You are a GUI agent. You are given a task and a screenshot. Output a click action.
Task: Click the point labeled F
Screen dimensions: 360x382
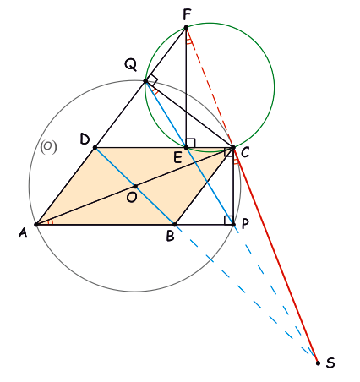click(x=186, y=28)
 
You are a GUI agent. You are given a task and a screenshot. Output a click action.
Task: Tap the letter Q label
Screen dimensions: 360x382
click(x=131, y=65)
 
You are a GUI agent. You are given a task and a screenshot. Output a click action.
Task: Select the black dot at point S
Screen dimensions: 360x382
click(x=318, y=363)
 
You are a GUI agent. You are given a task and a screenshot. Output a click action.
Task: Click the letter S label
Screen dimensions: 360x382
click(x=330, y=363)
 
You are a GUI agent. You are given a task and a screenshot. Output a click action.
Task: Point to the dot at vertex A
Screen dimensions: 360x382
click(x=36, y=225)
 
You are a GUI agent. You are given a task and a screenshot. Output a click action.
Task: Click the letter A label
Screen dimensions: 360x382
click(x=23, y=233)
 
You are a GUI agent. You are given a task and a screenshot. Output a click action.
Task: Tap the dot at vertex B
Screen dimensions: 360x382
click(x=174, y=225)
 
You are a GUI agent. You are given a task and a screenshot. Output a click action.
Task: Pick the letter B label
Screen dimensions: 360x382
click(x=171, y=236)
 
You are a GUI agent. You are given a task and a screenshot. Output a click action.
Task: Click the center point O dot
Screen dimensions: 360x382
click(x=135, y=186)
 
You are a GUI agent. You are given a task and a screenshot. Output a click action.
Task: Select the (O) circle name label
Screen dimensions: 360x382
click(x=48, y=147)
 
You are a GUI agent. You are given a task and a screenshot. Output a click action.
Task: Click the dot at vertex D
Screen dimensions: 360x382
click(x=95, y=147)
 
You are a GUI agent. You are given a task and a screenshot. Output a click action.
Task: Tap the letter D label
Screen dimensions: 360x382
click(x=85, y=139)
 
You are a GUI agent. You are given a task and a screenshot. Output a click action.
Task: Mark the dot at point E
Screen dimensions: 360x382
click(x=186, y=147)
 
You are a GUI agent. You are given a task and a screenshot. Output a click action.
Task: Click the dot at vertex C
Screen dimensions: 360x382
click(x=233, y=147)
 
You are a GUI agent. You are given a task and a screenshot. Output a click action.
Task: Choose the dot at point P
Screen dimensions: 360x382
click(x=233, y=225)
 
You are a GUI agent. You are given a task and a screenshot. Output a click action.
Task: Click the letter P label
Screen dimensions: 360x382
click(x=245, y=224)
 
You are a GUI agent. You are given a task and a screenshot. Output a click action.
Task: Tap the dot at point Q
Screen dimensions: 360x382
click(x=145, y=81)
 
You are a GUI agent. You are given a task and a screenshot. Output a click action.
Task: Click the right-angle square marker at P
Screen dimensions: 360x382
click(x=228, y=220)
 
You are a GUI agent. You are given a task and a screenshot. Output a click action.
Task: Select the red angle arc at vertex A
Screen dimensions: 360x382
click(x=51, y=222)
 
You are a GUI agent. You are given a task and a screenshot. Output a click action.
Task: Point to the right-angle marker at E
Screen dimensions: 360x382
click(x=190, y=143)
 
